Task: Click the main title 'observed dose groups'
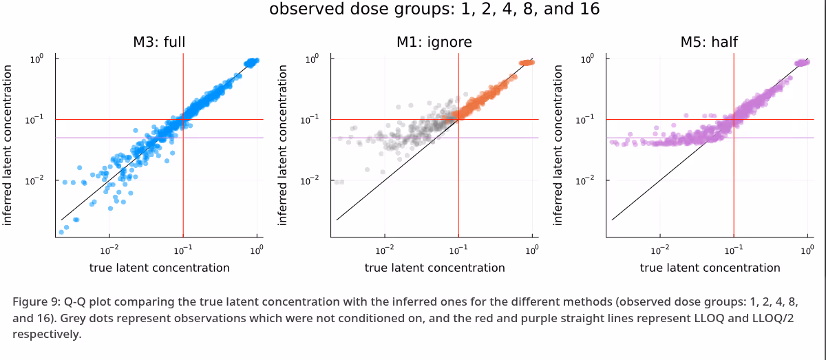434,10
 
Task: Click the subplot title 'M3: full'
159,42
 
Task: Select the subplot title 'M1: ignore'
434,42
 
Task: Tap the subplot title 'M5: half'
709,42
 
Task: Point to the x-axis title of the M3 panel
159,268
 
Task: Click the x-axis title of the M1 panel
434,268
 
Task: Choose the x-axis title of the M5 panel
710,268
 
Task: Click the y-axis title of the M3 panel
8,145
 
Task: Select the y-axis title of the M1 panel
283,145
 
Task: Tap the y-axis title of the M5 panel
558,145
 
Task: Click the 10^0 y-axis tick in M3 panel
36,59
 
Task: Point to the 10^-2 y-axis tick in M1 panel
310,180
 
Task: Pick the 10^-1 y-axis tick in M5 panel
585,120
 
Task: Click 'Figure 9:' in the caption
36,302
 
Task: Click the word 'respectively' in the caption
47,335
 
